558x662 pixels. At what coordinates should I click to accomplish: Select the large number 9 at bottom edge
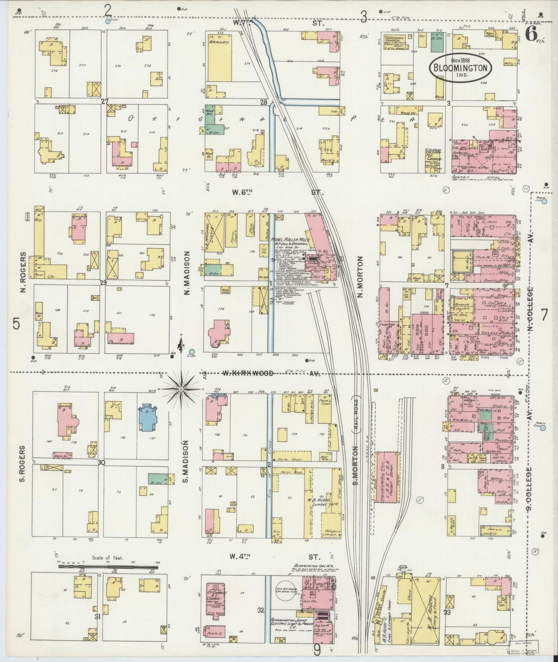coord(317,650)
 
